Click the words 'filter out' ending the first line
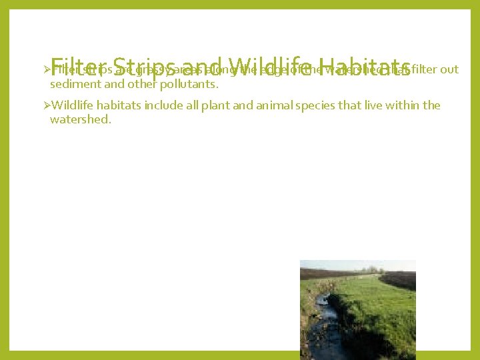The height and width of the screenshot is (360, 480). [x=436, y=69]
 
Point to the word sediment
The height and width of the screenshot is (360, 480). [x=75, y=85]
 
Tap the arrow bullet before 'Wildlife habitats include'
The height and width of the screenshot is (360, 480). [x=45, y=105]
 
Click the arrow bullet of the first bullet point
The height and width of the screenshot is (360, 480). [x=45, y=69]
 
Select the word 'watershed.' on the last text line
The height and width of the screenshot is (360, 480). [x=80, y=120]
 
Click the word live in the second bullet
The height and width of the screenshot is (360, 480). [x=378, y=105]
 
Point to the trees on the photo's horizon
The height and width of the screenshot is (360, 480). [x=370, y=271]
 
